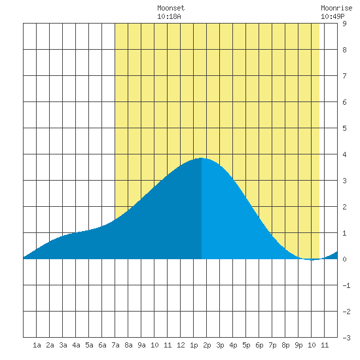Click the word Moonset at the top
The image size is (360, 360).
click(x=171, y=8)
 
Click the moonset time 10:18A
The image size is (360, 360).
click(x=169, y=16)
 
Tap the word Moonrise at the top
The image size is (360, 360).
click(x=336, y=8)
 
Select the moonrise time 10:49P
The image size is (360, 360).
click(x=333, y=16)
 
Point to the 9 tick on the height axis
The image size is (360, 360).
click(x=344, y=24)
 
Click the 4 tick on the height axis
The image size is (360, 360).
click(x=344, y=154)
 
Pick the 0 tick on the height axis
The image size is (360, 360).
click(x=344, y=259)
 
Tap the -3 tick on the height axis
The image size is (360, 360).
click(x=346, y=338)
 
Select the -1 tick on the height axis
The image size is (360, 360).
click(x=346, y=285)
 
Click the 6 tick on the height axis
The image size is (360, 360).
click(x=344, y=102)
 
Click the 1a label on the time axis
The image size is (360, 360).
click(x=37, y=345)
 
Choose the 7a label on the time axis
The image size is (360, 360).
click(x=115, y=345)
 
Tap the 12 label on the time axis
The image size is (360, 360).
click(x=181, y=345)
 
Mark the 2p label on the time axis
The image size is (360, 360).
click(x=207, y=345)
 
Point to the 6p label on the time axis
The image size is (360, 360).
click(x=259, y=345)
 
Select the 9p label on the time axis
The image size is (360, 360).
click(x=298, y=345)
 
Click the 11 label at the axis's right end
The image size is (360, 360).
click(x=325, y=345)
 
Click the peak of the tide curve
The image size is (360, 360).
click(x=202, y=158)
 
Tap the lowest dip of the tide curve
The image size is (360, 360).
click(x=312, y=260)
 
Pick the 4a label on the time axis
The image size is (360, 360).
click(x=76, y=345)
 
